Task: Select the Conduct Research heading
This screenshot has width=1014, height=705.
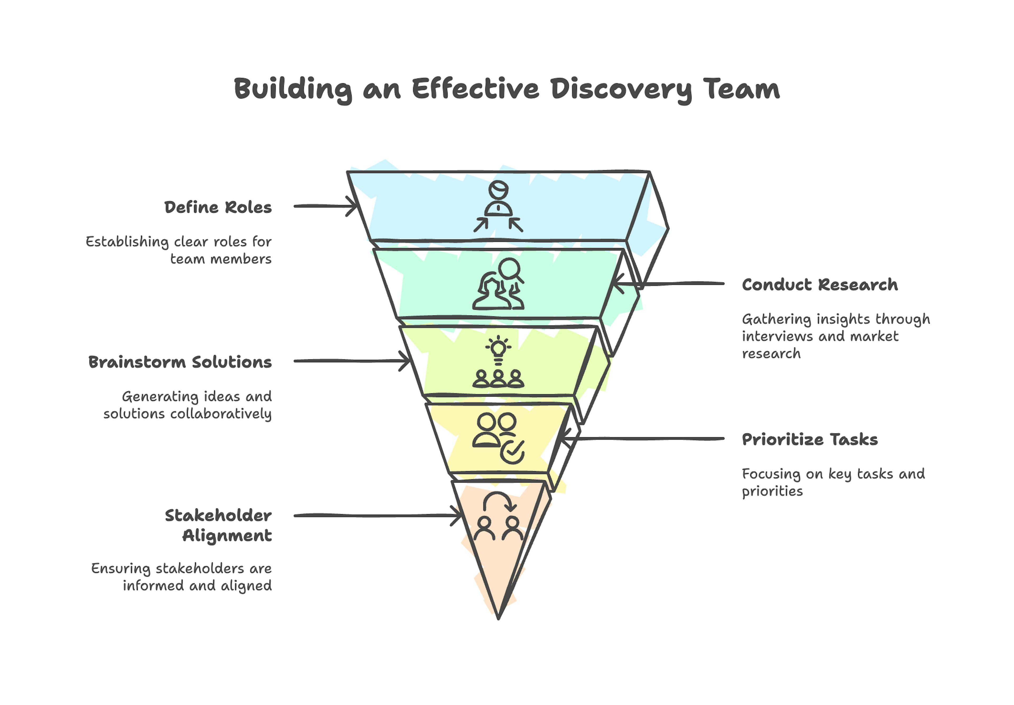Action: (x=819, y=285)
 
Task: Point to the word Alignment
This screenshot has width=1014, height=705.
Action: (x=227, y=536)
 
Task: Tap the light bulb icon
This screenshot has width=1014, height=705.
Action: (x=498, y=348)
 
